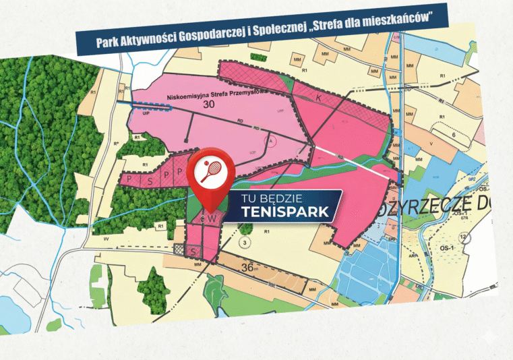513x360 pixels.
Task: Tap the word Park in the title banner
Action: [x=107, y=44]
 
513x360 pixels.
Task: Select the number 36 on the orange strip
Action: [x=247, y=266]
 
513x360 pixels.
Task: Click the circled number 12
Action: [x=462, y=237]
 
